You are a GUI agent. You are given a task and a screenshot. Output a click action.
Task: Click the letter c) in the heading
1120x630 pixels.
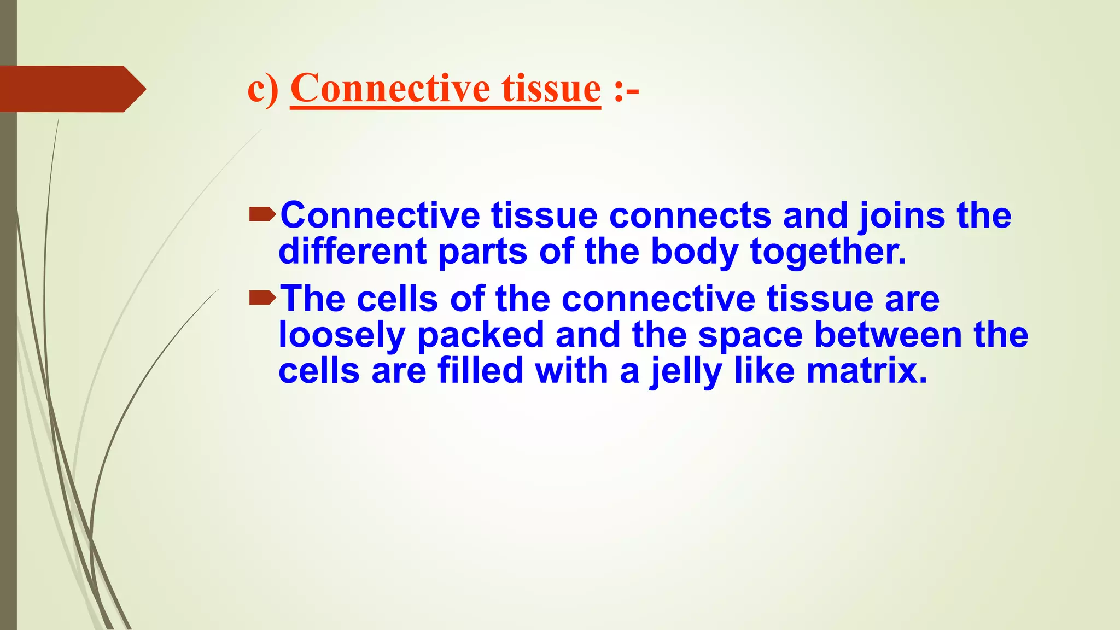tap(262, 89)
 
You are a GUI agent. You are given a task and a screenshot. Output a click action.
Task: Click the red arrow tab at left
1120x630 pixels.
tap(71, 89)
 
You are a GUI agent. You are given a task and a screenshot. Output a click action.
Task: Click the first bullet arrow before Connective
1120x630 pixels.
tap(262, 215)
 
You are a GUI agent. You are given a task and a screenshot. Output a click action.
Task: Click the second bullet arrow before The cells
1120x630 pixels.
tap(262, 298)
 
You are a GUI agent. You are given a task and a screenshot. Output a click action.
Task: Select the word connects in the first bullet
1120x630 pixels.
tap(690, 215)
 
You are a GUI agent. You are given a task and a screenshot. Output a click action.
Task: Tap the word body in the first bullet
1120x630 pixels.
tap(695, 252)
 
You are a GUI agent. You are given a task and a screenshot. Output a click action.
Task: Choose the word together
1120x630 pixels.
tap(827, 252)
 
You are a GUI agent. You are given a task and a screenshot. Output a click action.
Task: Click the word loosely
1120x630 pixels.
tap(341, 335)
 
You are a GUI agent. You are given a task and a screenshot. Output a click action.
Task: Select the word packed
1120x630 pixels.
tap(480, 335)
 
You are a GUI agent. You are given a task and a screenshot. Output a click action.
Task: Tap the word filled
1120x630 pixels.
tap(480, 371)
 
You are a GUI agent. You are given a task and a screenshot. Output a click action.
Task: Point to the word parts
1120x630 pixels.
tap(482, 253)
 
